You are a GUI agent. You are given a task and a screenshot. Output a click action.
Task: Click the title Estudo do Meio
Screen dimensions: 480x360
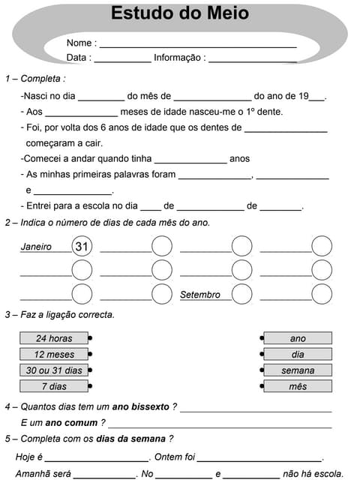coord(180,14)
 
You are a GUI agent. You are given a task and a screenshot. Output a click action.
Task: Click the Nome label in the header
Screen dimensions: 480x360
coord(80,43)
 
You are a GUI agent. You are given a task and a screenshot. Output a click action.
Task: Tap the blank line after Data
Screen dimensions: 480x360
coord(122,58)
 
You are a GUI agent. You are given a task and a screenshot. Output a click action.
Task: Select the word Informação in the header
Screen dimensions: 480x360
coord(178,58)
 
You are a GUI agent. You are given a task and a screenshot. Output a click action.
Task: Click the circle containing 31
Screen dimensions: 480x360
coord(82,246)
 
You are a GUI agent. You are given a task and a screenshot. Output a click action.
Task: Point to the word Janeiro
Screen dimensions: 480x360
coord(36,247)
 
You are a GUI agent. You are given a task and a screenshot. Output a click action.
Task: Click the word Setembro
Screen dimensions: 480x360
coord(200,295)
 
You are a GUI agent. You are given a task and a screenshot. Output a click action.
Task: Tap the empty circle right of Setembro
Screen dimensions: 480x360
coord(241,294)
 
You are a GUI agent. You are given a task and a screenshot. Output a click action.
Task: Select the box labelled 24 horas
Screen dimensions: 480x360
coord(54,338)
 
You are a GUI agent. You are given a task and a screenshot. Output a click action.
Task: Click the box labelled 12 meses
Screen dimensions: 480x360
coord(54,354)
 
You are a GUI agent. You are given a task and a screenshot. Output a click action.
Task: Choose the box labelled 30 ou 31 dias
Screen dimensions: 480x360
coord(54,370)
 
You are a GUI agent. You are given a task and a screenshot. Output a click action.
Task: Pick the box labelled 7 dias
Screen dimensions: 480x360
coord(54,386)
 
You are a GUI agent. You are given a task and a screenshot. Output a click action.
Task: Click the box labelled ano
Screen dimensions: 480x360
coord(298,338)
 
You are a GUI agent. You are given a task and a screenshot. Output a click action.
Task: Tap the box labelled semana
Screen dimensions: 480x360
coord(298,370)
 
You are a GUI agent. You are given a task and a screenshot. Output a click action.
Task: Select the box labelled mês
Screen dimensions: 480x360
coord(298,386)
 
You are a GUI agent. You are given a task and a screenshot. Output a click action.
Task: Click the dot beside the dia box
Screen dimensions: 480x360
coord(262,354)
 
